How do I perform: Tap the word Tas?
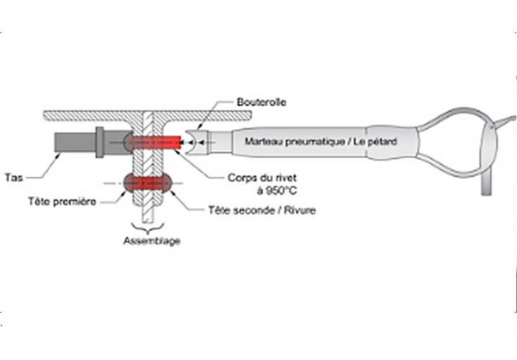[x=13, y=177]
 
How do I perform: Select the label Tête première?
[x=63, y=200]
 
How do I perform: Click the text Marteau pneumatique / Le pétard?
[x=321, y=141]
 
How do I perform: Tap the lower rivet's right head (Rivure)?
[x=166, y=183]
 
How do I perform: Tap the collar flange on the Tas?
[x=100, y=141]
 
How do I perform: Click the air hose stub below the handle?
[x=486, y=184]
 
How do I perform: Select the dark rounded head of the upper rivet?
[x=129, y=141]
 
